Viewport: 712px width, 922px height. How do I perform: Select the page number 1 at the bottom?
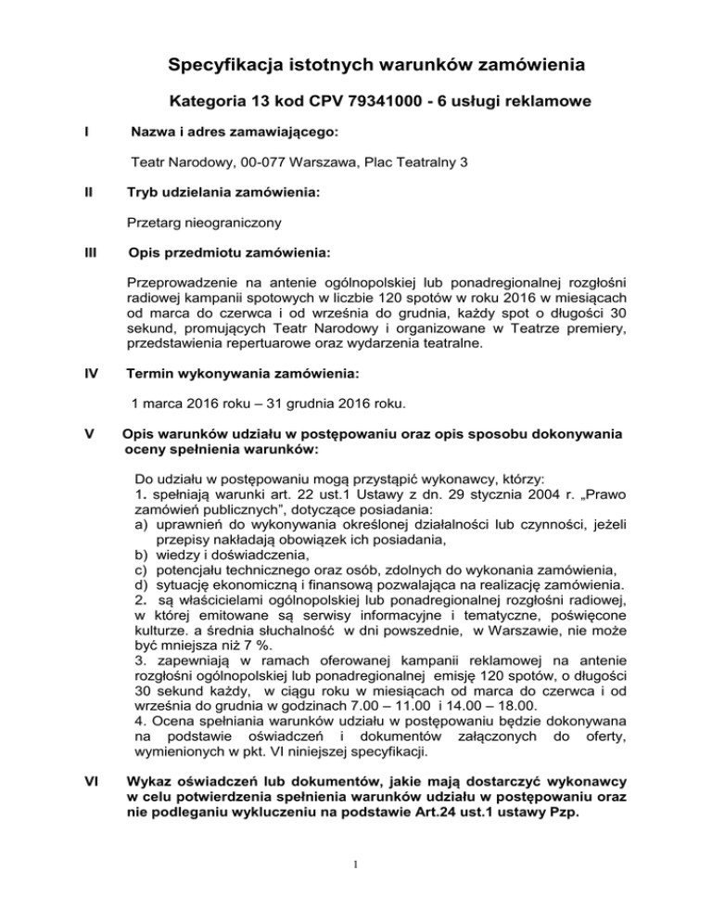click(x=357, y=884)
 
